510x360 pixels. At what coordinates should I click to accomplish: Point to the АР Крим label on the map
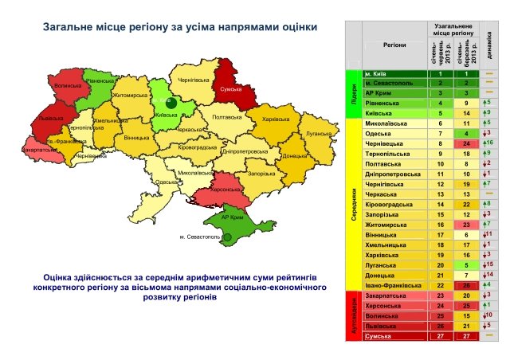point(231,217)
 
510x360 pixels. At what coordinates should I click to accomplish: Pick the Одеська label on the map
point(167,182)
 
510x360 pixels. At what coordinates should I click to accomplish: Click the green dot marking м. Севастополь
point(227,237)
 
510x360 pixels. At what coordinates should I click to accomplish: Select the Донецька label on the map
point(293,156)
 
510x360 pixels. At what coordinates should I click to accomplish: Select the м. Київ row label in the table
point(378,74)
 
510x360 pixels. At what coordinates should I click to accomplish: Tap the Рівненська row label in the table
point(382,103)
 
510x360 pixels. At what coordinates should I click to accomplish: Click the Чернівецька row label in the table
point(383,143)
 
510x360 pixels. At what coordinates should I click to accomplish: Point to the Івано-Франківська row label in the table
point(390,284)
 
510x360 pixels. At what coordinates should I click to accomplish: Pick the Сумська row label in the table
point(379,337)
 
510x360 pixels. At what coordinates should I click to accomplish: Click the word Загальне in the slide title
point(68,27)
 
